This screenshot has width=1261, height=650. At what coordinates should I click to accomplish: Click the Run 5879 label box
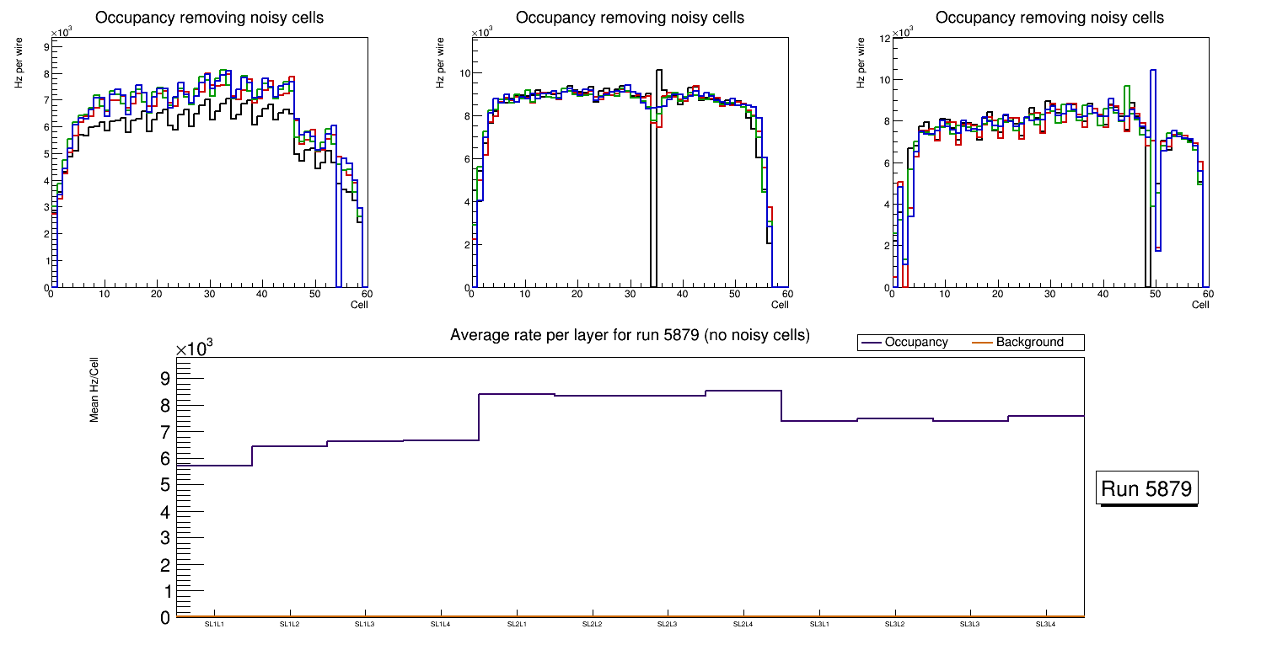[1146, 489]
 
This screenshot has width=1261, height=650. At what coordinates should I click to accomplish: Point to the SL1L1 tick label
[213, 624]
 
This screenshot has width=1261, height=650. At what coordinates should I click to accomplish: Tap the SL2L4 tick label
[743, 624]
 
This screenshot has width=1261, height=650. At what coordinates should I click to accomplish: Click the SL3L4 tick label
[1045, 624]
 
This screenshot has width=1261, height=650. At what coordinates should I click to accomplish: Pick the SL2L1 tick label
[516, 624]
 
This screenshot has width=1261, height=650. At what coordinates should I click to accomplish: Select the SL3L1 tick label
[818, 624]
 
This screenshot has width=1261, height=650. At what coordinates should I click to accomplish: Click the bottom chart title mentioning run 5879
[630, 335]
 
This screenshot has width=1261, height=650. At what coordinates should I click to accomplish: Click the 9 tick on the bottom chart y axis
[165, 378]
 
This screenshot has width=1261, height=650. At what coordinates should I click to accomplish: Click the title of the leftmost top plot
[209, 18]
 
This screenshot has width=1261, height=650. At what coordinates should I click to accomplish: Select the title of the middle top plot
[630, 18]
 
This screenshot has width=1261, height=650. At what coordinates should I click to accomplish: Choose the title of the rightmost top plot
[1049, 18]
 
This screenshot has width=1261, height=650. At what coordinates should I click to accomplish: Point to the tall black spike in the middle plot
[658, 101]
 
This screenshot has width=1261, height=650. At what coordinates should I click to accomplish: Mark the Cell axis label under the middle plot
[780, 305]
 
